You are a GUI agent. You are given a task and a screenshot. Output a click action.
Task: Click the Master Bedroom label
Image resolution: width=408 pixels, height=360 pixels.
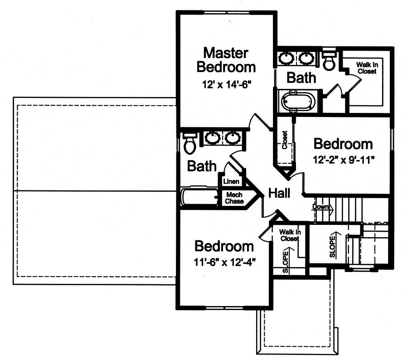(x=225, y=60)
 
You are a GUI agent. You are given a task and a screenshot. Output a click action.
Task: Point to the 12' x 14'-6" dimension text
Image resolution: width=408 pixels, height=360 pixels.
(x=225, y=84)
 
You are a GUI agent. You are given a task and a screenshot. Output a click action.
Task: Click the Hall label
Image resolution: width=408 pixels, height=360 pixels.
(x=279, y=193)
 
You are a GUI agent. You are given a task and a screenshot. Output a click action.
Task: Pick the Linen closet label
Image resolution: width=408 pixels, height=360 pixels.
(x=231, y=181)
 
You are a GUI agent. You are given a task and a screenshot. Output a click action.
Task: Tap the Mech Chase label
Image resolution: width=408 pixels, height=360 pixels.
(x=235, y=198)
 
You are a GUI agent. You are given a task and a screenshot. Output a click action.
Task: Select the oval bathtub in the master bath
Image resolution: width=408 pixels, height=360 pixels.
(x=298, y=101)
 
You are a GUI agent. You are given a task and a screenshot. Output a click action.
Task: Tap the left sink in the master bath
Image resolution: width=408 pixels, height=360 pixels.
(x=287, y=58)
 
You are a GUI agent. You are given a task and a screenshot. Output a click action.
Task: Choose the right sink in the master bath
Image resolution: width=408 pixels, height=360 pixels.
(x=306, y=58)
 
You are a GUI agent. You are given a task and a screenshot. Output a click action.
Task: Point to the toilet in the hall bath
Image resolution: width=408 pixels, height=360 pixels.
(x=189, y=143)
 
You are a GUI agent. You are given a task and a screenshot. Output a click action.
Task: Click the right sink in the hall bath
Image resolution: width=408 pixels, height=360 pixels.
(x=233, y=137)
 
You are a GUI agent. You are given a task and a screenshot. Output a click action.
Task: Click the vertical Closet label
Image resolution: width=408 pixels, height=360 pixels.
(x=285, y=140)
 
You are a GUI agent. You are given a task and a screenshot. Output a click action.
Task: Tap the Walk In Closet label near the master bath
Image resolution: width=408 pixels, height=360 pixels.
(x=367, y=68)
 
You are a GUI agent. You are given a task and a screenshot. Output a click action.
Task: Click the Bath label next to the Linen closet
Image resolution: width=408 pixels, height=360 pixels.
(x=202, y=166)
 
